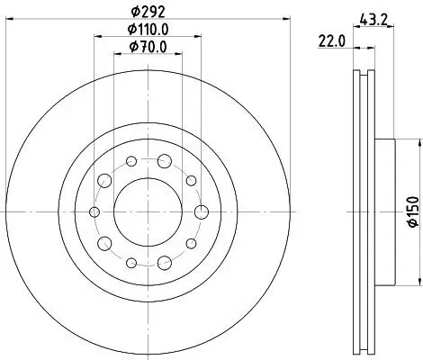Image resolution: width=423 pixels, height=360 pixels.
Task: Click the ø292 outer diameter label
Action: [x=148, y=13]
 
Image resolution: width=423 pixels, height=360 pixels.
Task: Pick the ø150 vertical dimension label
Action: [x=410, y=210]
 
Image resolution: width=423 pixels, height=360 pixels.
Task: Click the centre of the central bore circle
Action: [x=148, y=212]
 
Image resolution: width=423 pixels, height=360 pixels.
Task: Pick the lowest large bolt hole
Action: [x=164, y=262]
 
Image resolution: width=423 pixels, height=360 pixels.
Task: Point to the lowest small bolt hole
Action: [x=131, y=263]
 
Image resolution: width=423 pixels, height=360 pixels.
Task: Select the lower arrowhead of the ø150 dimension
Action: [x=418, y=281]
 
